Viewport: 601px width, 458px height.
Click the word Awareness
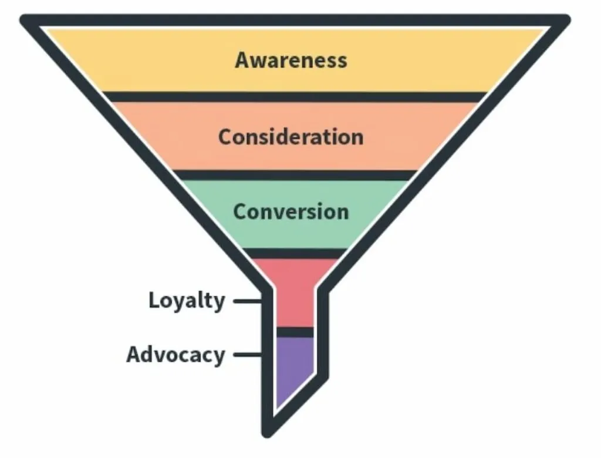click(x=291, y=60)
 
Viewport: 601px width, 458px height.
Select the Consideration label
click(x=291, y=137)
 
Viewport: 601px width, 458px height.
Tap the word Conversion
click(x=291, y=211)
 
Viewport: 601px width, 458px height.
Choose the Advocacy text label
click(x=175, y=355)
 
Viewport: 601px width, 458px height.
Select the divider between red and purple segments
click(x=295, y=332)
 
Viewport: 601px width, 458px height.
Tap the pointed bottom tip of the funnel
click(x=268, y=433)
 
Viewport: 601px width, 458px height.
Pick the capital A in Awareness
click(x=242, y=60)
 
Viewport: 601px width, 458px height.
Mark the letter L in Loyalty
click(x=154, y=300)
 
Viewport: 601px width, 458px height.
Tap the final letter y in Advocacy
click(x=218, y=358)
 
